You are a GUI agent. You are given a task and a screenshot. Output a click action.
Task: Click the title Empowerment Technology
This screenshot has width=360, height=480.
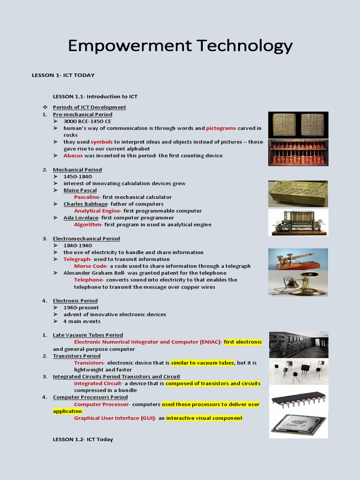pyautogui.click(x=180, y=46)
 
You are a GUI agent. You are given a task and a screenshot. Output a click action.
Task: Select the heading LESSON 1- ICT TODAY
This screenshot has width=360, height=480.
pyautogui.click(x=63, y=75)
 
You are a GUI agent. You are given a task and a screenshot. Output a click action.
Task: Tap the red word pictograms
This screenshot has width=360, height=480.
pyautogui.click(x=221, y=128)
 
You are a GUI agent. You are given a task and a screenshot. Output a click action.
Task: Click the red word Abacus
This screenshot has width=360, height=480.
pyautogui.click(x=73, y=156)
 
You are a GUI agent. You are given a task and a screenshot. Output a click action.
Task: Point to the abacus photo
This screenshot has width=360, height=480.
pyautogui.click(x=298, y=153)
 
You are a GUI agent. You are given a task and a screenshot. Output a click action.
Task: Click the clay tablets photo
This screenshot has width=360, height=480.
pyautogui.click(x=298, y=125)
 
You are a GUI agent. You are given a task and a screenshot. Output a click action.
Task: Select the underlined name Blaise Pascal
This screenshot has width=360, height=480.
pyautogui.click(x=80, y=190)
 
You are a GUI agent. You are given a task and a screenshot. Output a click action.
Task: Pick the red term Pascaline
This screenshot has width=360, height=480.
pyautogui.click(x=87, y=197)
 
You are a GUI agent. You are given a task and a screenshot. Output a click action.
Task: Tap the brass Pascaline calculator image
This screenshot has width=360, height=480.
pyautogui.click(x=298, y=194)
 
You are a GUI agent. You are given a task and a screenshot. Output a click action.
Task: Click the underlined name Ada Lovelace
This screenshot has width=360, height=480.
pyautogui.click(x=81, y=217)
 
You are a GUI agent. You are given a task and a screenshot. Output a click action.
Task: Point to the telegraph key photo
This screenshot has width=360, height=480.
pyautogui.click(x=298, y=259)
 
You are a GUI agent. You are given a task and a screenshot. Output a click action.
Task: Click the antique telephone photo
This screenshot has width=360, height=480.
pyautogui.click(x=298, y=284)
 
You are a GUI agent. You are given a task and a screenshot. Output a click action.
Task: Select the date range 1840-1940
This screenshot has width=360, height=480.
pyautogui.click(x=78, y=246)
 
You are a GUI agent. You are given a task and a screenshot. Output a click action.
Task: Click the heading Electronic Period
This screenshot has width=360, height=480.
pyautogui.click(x=75, y=301)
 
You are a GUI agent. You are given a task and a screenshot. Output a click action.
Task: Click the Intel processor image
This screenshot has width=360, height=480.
pyautogui.click(x=298, y=423)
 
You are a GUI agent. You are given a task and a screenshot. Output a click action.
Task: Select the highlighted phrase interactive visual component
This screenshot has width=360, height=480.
pyautogui.click(x=204, y=418)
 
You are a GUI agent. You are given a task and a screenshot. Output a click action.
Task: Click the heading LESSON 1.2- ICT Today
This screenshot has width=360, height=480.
pyautogui.click(x=83, y=440)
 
